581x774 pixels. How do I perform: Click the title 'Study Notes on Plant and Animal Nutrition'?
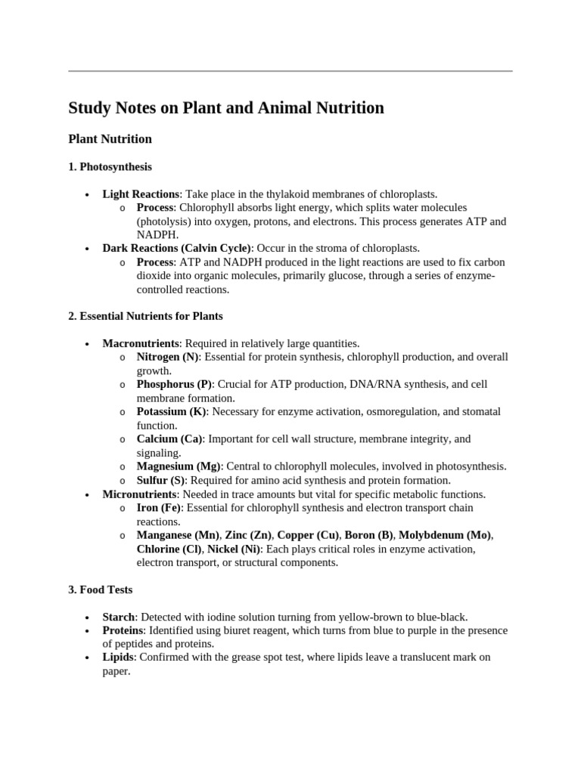coord(226,108)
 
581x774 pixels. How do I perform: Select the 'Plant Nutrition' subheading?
coord(110,139)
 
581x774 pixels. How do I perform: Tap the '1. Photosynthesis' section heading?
coord(110,166)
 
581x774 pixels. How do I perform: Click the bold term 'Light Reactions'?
coord(141,194)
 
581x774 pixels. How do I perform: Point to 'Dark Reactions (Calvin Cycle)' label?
coord(176,248)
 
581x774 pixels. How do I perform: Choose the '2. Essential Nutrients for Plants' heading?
coord(145,316)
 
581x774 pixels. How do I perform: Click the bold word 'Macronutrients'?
coord(141,343)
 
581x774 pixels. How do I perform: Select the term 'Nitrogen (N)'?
coord(167,357)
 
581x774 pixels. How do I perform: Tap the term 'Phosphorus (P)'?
coord(174,384)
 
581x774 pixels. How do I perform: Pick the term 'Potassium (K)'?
coord(172,412)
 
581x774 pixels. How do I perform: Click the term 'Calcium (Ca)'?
coord(169,439)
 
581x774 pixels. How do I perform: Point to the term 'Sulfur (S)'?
coord(162,480)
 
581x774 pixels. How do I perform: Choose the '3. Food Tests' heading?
coord(101,590)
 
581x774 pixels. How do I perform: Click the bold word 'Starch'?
coord(119,617)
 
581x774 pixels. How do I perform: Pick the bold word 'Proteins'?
coord(123,630)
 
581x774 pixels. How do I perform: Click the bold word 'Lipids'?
coord(118,658)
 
